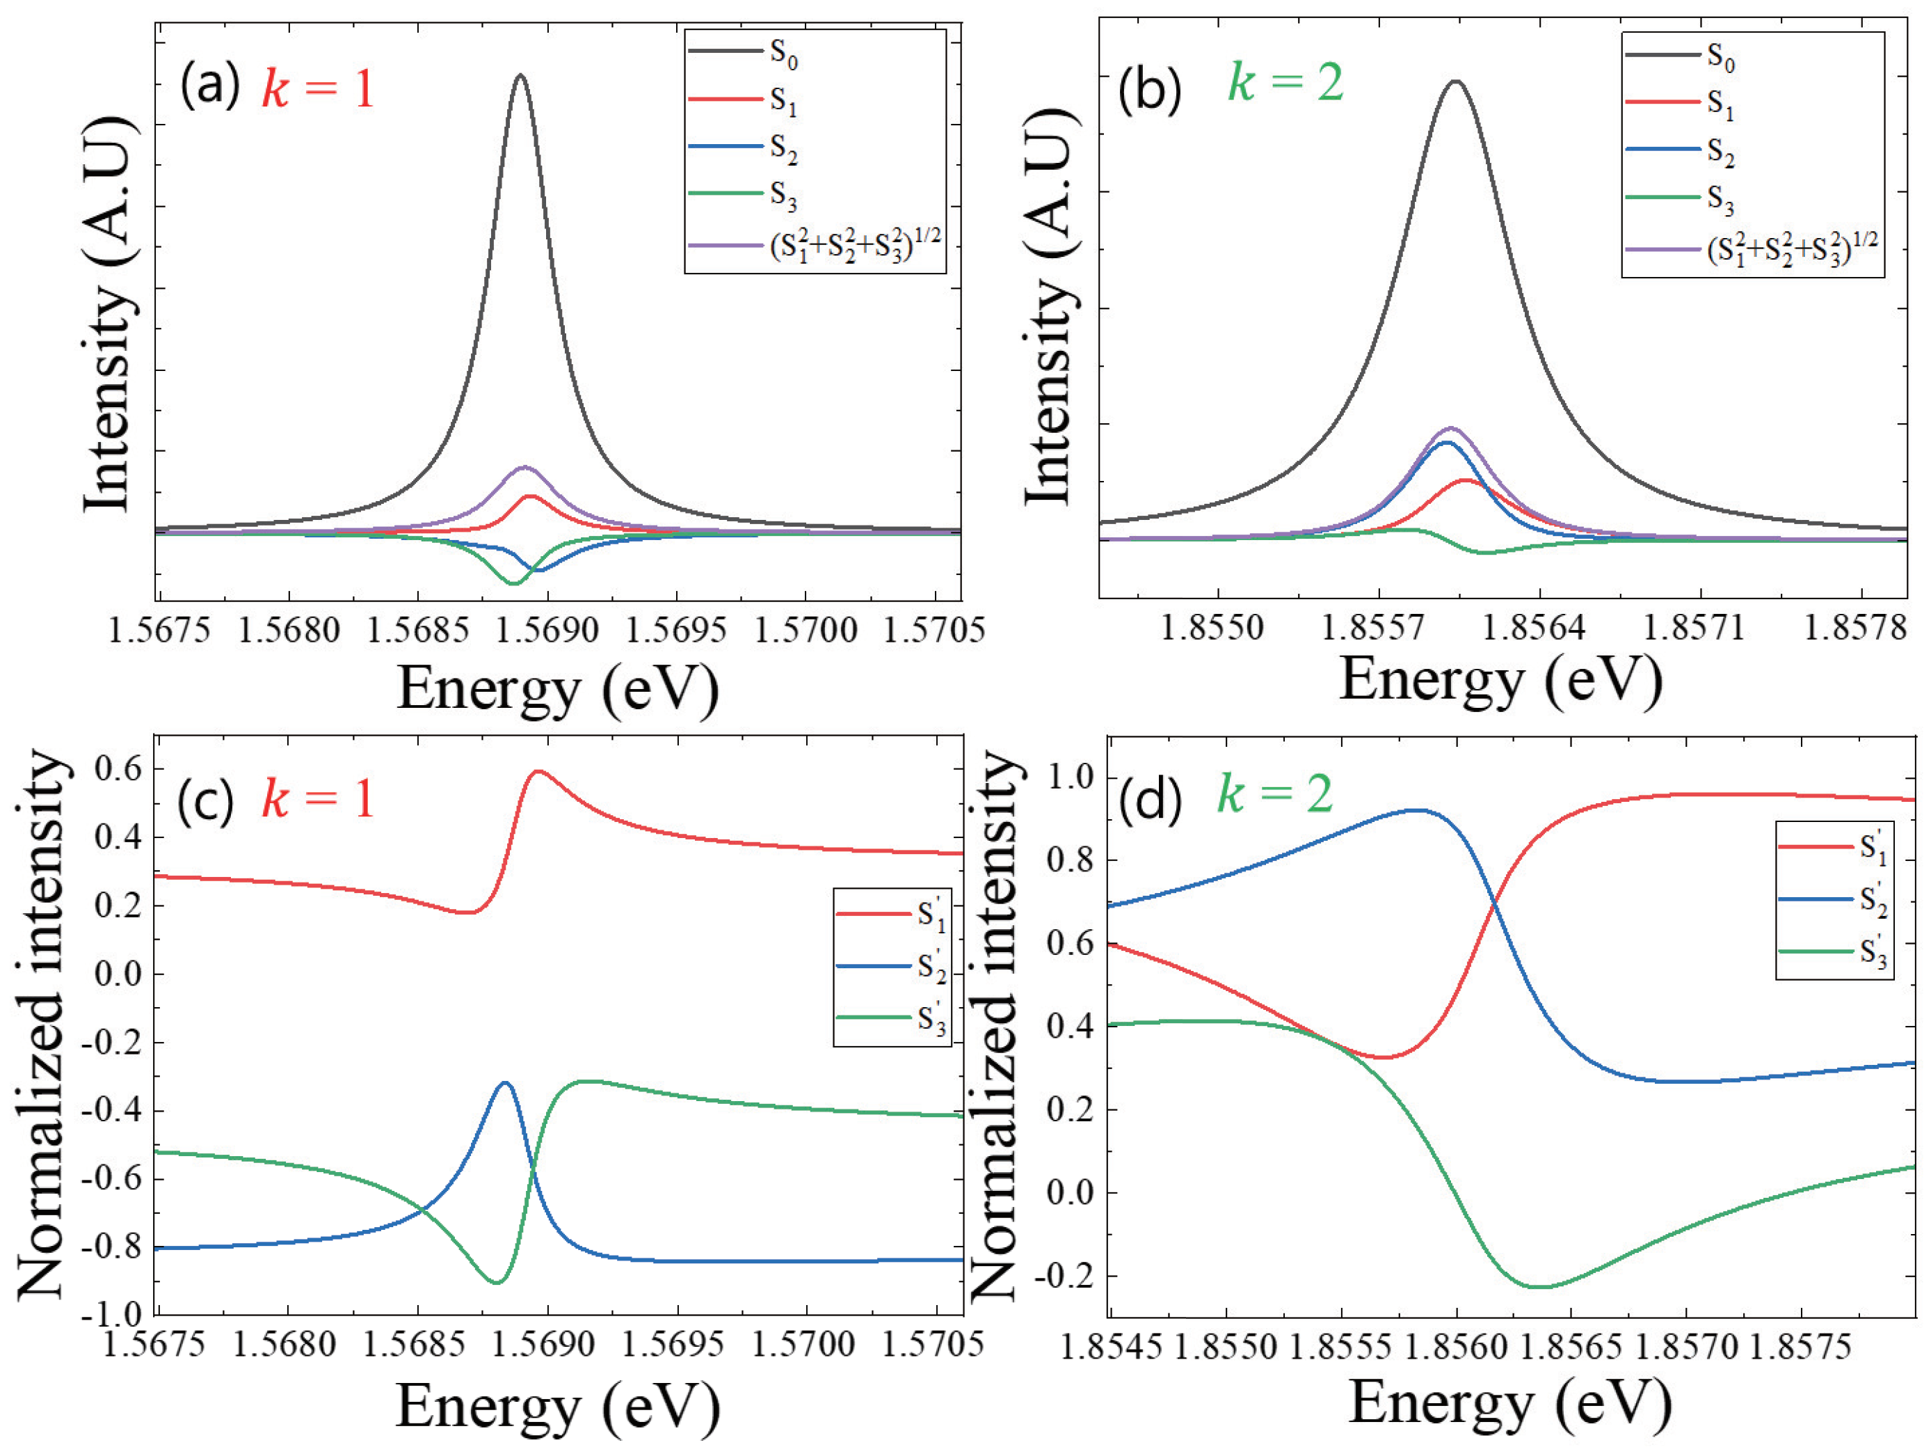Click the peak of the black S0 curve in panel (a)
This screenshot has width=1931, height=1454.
520,76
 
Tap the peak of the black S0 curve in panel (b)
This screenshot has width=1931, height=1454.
1455,82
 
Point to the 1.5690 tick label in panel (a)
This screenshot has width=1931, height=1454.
547,630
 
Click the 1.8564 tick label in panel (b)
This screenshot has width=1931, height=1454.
1540,627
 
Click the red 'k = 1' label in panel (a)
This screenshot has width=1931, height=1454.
318,88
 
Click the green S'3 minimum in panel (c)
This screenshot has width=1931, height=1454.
496,1282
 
